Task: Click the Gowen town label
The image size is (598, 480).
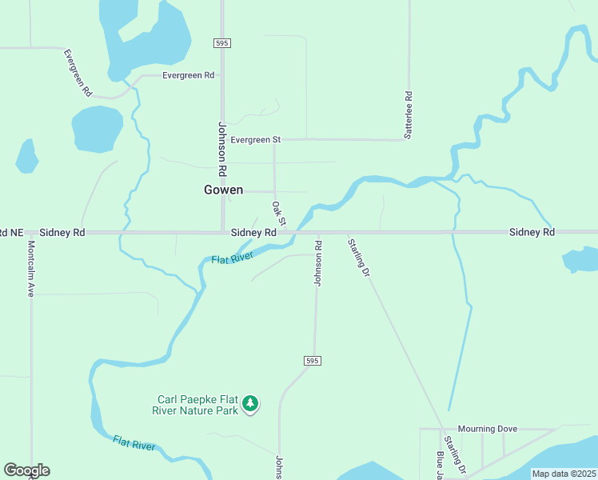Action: click(x=223, y=190)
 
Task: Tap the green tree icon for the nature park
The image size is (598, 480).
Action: click(x=251, y=404)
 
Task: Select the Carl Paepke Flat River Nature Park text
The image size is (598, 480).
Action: click(x=197, y=405)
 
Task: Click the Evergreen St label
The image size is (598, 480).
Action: click(x=256, y=139)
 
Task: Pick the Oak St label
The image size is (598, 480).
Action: click(x=278, y=213)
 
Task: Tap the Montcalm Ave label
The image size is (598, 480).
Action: click(x=31, y=269)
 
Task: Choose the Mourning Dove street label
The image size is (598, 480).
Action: click(x=488, y=429)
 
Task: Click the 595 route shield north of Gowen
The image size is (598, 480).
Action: click(x=222, y=42)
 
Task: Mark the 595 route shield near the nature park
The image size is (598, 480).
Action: click(x=312, y=362)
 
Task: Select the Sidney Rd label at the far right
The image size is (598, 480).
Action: click(x=532, y=232)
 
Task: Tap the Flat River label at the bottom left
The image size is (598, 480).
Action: click(x=134, y=443)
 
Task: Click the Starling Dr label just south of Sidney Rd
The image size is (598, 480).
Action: click(x=359, y=257)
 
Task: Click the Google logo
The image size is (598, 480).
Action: click(x=26, y=470)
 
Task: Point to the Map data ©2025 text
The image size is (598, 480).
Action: click(x=564, y=474)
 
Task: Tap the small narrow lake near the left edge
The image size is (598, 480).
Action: click(x=26, y=156)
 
